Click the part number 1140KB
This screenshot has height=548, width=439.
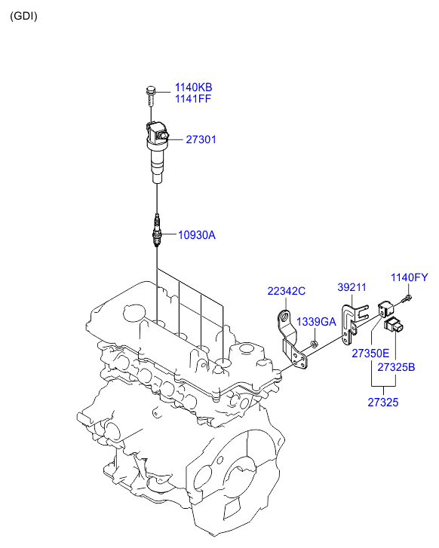coord(193,87)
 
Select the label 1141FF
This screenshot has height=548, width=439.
coord(193,99)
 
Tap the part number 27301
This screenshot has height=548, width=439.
coord(201,139)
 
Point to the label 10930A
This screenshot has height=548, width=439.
coord(197,235)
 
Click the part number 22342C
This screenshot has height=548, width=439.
coord(287,291)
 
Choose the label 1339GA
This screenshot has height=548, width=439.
coord(316,322)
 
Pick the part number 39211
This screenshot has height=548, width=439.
coord(352,287)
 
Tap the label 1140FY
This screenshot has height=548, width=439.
coord(410,277)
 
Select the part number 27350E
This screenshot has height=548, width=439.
coord(370,354)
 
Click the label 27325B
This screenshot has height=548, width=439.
coord(396,367)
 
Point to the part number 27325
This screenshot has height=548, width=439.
coord(383,403)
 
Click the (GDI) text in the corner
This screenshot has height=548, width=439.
coord(23,16)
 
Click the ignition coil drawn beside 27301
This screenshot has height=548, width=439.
coord(157,152)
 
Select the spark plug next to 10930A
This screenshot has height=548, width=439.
coord(157,231)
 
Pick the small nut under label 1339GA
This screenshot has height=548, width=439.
coord(314,344)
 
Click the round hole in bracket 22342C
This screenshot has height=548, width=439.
coord(284,318)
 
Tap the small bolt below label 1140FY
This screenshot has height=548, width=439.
coord(407,299)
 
